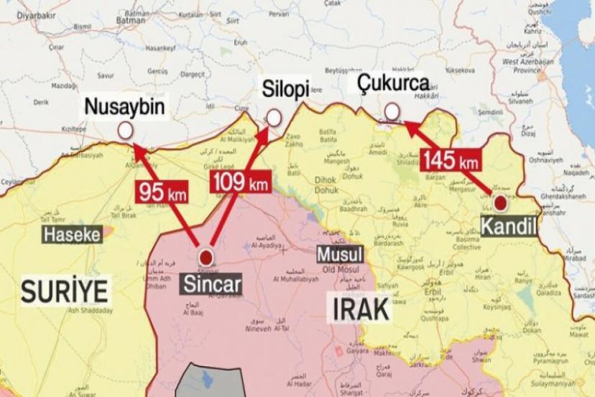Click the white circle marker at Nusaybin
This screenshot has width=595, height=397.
[x=126, y=130]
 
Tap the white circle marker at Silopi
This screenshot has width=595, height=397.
[x=274, y=118]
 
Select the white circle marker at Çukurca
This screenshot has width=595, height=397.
[x=392, y=111]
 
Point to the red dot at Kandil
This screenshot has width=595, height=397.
[x=499, y=204]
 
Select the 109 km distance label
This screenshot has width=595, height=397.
[x=241, y=183]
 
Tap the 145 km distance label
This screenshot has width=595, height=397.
[x=451, y=160]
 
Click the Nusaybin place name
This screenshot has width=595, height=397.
[x=125, y=108]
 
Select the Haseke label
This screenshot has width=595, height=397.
[x=71, y=234]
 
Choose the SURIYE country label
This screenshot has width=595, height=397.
[x=65, y=292]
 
